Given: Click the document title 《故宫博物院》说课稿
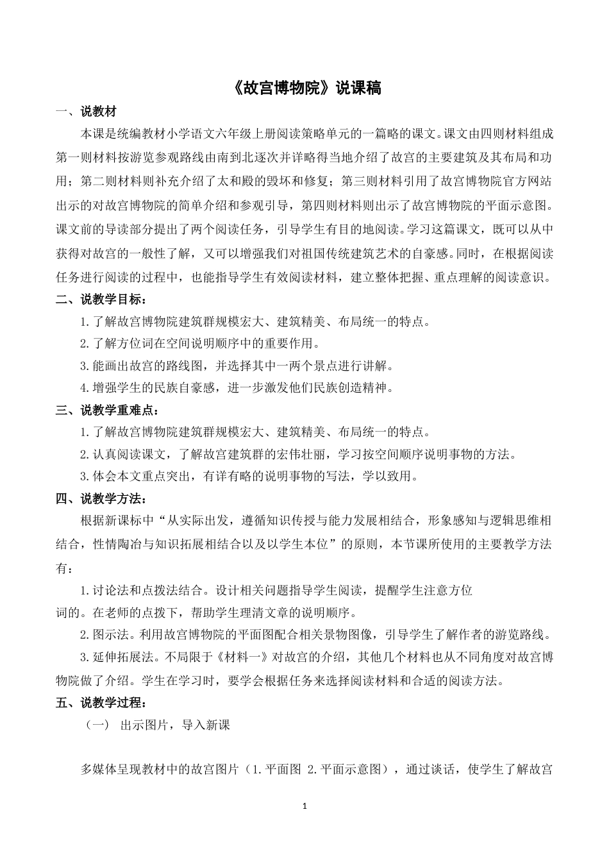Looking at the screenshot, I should click(x=304, y=88).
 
